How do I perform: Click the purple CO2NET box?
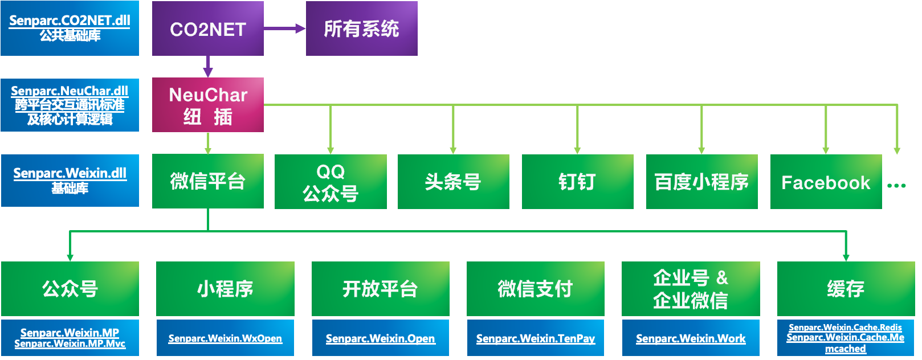(x=207, y=28)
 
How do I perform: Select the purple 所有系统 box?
(x=361, y=28)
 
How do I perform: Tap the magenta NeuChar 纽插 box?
(x=207, y=105)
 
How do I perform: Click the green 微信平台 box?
(x=207, y=181)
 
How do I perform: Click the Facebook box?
(x=826, y=182)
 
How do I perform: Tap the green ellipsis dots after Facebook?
(x=896, y=185)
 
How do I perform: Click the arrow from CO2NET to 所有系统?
(x=284, y=28)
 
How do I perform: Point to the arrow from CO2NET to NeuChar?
(x=208, y=66)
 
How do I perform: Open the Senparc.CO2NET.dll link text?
(x=70, y=21)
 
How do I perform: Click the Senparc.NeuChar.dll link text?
(x=70, y=91)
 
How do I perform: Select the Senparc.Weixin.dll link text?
(x=70, y=173)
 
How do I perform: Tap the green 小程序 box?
(x=225, y=289)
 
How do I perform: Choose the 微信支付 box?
(x=535, y=289)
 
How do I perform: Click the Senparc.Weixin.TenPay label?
(x=535, y=338)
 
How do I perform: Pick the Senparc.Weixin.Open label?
(x=380, y=338)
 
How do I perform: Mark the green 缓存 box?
(x=846, y=289)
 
